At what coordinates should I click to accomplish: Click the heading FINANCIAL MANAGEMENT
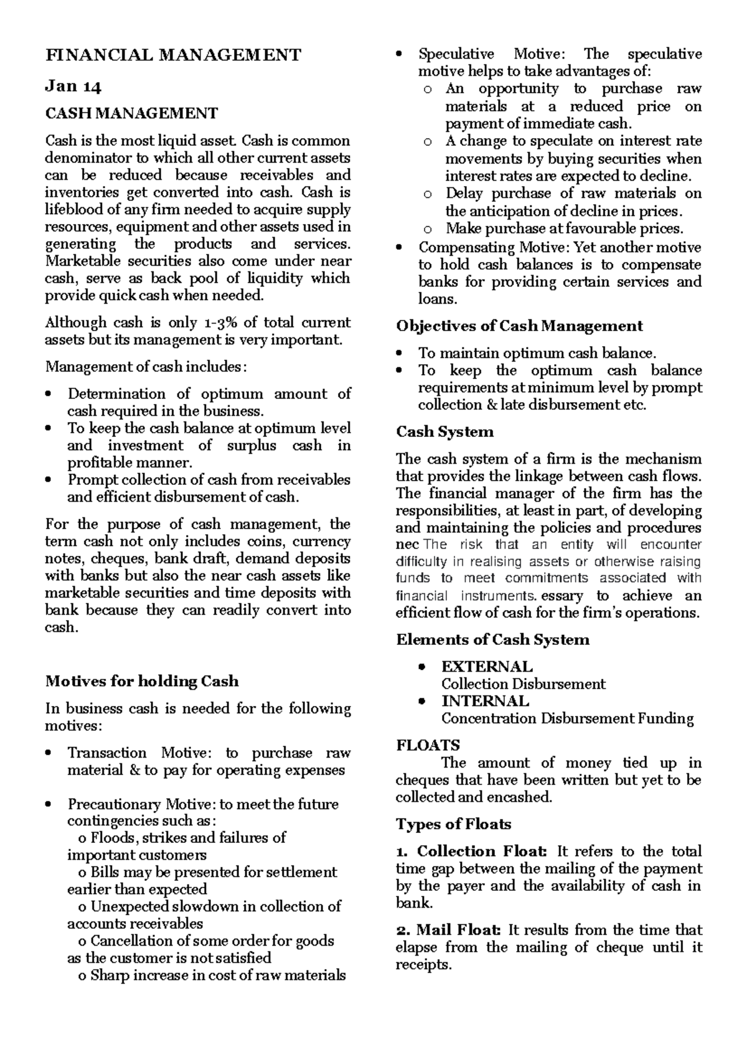point(173,55)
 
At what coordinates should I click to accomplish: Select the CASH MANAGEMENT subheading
point(131,113)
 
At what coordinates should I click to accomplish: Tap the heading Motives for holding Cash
point(142,681)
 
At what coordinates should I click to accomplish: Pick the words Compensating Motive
point(493,247)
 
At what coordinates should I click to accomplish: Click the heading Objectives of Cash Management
point(520,326)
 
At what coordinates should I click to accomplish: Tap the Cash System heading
point(444,432)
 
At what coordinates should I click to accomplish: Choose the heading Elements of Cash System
point(492,640)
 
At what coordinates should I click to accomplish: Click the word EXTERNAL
point(487,667)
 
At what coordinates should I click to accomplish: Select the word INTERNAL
point(485,701)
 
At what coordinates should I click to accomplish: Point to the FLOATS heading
point(428,745)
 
